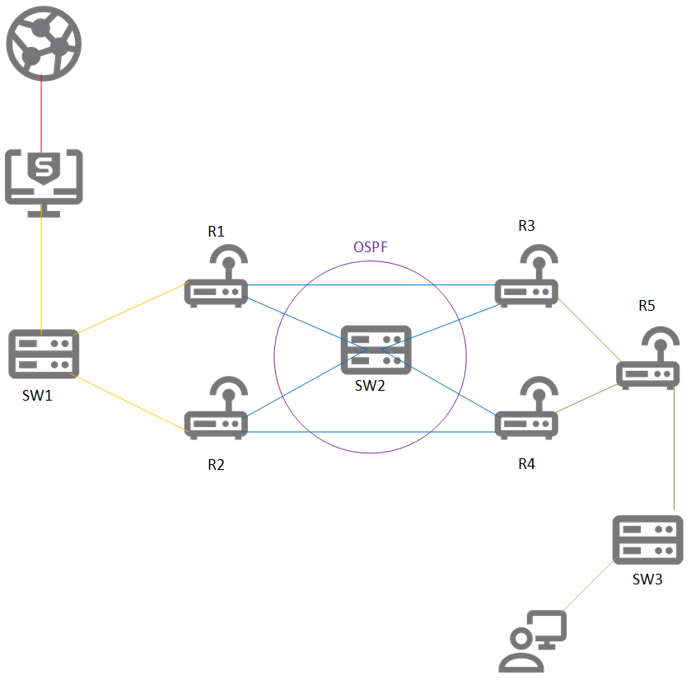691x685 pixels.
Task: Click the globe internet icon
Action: coord(42,42)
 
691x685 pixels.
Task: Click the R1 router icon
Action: coord(217,279)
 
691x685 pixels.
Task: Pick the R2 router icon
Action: coord(217,411)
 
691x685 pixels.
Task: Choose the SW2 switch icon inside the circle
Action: coord(376,351)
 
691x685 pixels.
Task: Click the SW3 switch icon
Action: coord(647,541)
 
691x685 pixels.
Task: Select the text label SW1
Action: coord(39,396)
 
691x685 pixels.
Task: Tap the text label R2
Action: coord(216,465)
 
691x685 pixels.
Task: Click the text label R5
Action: coord(647,306)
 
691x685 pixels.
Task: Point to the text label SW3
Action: coord(647,579)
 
